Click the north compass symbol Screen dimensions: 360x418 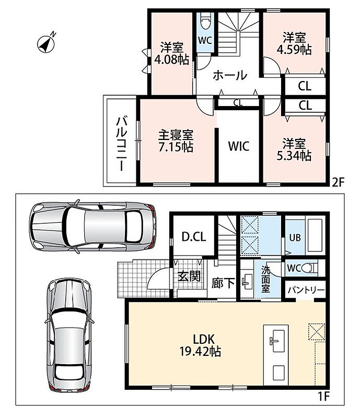[x=47, y=43]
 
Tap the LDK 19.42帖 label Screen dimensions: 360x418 [x=200, y=345]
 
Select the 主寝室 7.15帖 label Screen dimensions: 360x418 [x=176, y=141]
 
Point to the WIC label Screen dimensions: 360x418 [x=239, y=146]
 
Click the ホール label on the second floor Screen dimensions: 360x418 [x=230, y=75]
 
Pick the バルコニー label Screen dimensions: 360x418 [x=122, y=143]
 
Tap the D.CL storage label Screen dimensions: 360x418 [x=194, y=237]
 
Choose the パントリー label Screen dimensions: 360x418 [x=306, y=290]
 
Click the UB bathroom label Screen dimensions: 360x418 [x=295, y=238]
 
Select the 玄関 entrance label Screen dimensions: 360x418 [x=189, y=276]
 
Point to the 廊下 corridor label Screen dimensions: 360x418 [x=223, y=283]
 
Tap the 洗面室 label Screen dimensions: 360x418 [x=265, y=279]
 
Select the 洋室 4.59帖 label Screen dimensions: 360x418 [x=294, y=43]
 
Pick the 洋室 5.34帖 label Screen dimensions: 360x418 [x=294, y=149]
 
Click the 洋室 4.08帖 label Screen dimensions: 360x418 [x=172, y=53]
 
